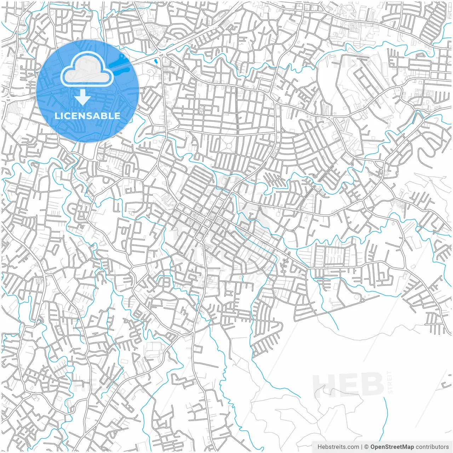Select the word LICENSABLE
point(87,116)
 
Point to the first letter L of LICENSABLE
point(57,116)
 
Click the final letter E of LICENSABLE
point(117,116)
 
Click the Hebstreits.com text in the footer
point(338,447)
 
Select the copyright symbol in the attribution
point(367,447)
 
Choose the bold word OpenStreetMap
point(392,447)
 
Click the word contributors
point(432,447)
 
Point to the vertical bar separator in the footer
point(362,447)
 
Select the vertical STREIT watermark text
point(390,382)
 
